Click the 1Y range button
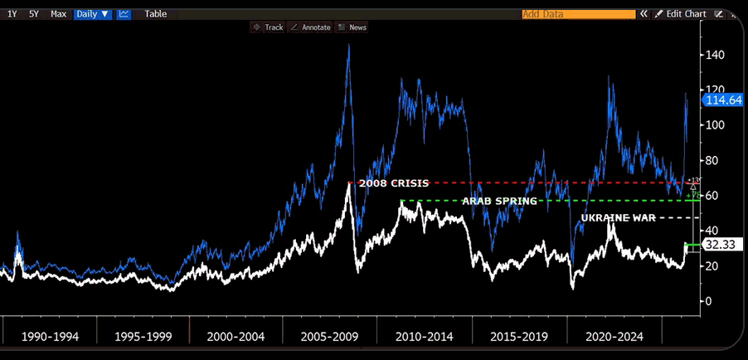click(12, 14)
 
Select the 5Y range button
click(34, 14)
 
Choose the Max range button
click(58, 14)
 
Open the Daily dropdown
click(92, 14)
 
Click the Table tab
click(156, 14)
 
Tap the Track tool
click(268, 27)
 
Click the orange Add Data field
click(577, 14)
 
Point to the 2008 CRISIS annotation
click(393, 183)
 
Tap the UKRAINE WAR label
click(619, 217)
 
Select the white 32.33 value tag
click(718, 246)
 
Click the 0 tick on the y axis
click(707, 301)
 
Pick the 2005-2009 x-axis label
click(328, 338)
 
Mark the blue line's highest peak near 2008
click(348, 46)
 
